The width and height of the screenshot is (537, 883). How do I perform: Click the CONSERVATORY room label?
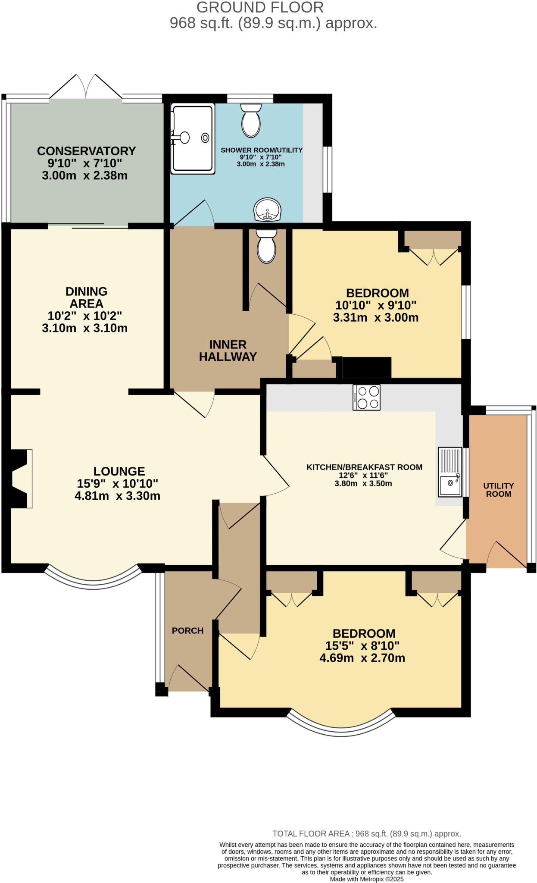[86, 151]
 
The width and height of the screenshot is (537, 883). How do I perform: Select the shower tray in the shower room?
[193, 138]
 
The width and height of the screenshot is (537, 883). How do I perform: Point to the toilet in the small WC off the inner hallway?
[266, 246]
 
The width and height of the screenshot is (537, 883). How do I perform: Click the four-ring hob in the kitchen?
[366, 397]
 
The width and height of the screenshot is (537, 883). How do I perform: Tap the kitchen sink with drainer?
[450, 472]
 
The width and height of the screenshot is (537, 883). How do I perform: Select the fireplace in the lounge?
[19, 479]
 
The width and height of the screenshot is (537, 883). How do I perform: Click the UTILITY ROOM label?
[498, 490]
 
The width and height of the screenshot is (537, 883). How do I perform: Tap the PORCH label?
[187, 630]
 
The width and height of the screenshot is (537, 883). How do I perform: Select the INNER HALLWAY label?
[228, 351]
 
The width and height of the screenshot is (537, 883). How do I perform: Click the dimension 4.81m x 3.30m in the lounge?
[117, 496]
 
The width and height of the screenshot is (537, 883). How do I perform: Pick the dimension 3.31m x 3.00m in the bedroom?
[375, 318]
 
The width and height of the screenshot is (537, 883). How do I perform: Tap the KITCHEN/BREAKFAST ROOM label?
[364, 467]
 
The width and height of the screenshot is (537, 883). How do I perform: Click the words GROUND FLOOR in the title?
[260, 7]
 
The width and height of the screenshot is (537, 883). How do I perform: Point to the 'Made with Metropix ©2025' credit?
[366, 879]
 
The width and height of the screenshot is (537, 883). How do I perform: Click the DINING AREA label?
[86, 297]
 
